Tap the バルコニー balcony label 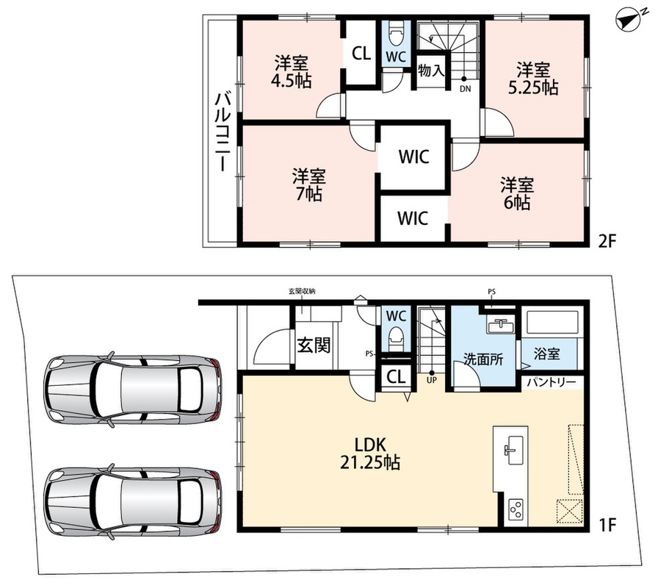tap(223, 132)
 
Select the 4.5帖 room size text tap(292, 80)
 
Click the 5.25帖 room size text tap(533, 87)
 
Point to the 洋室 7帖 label tap(309, 184)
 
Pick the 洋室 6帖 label tap(516, 193)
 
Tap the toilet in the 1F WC tap(396, 337)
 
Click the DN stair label tap(466, 89)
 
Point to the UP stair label tap(431, 380)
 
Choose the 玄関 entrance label tap(314, 345)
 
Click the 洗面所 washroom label tap(483, 359)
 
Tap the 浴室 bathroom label tap(547, 354)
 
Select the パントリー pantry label tap(552, 382)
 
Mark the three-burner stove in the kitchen tap(516, 509)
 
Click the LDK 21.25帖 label tap(369, 453)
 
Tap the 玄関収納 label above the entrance tap(302, 291)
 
